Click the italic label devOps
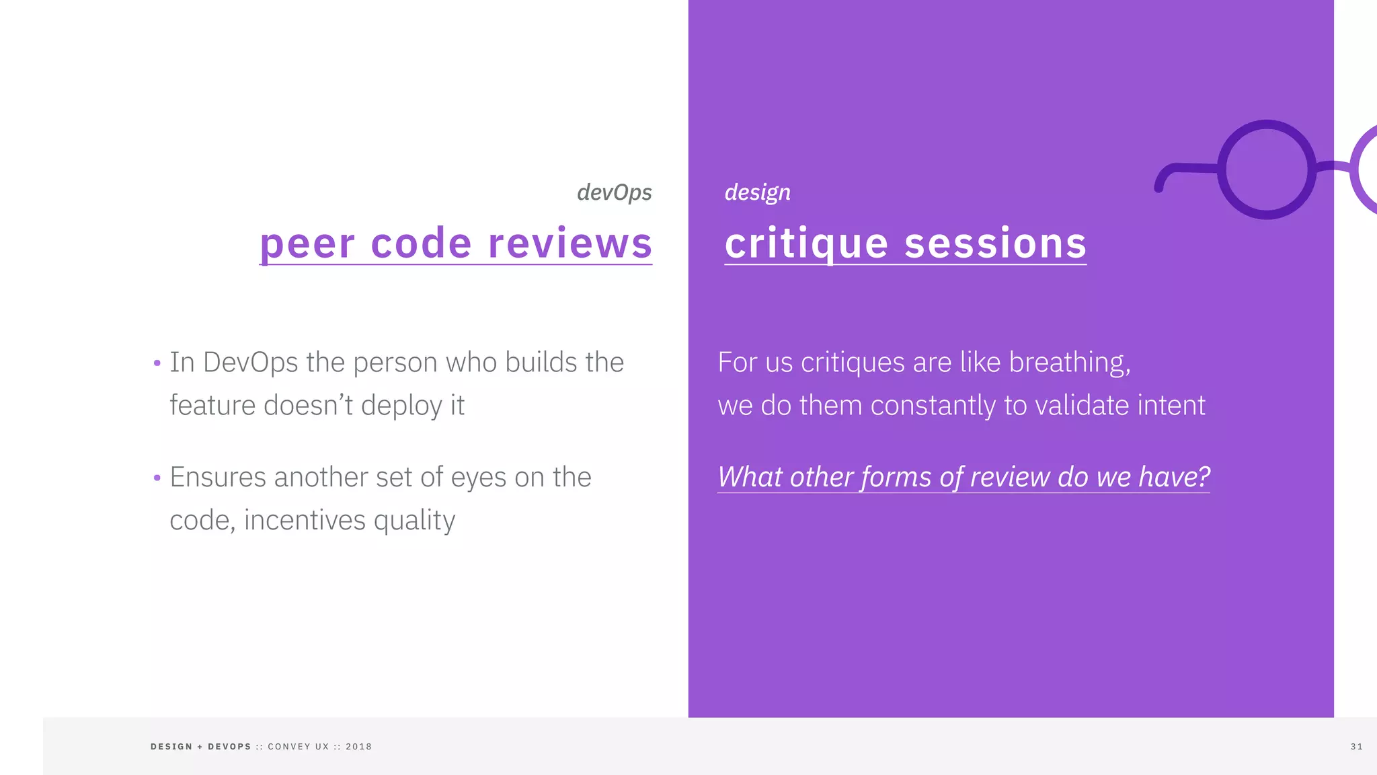(614, 193)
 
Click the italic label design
(757, 193)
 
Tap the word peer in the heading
(307, 244)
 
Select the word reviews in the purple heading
(570, 244)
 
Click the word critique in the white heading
(806, 244)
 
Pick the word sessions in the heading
(995, 244)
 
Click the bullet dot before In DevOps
(157, 364)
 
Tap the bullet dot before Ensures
(157, 478)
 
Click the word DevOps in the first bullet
(250, 363)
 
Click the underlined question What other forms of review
(963, 477)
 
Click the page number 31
(1356, 747)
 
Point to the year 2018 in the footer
(358, 747)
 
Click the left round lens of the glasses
(1266, 170)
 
